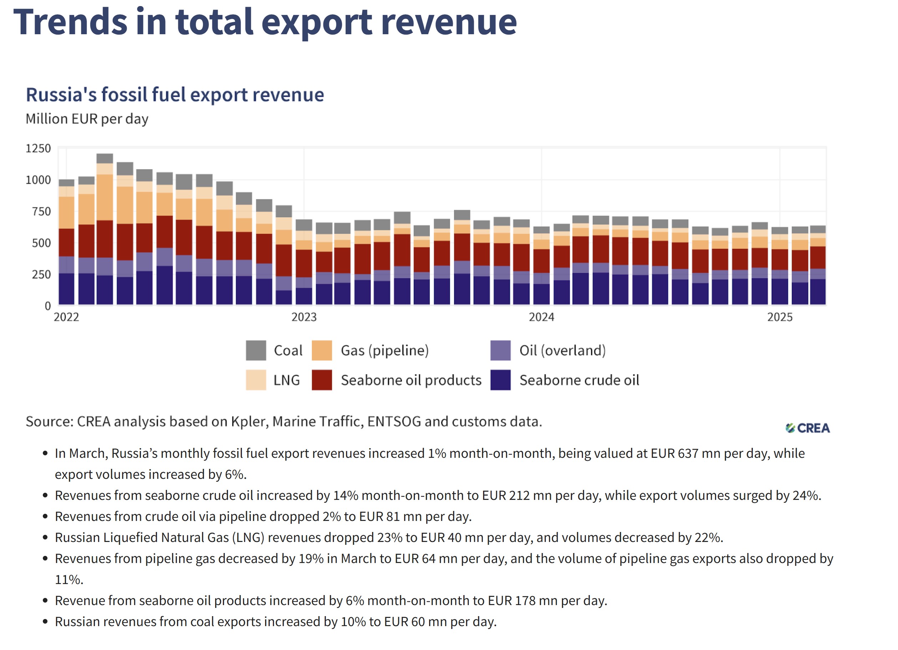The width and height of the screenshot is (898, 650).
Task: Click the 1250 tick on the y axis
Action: pos(38,148)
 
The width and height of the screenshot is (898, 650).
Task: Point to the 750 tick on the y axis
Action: pos(41,212)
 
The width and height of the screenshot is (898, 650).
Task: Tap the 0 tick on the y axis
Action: pos(47,306)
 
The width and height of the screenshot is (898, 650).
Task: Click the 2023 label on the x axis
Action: pos(304,317)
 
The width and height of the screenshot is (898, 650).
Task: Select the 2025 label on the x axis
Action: pos(780,317)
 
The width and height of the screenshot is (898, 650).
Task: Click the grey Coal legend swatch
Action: pos(256,350)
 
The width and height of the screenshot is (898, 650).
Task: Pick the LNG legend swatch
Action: pos(256,380)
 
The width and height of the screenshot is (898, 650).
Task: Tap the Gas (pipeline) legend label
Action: pos(385,350)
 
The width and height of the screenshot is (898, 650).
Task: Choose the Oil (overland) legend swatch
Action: pos(501,350)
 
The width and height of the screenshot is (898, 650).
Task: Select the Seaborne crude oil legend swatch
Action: pos(501,380)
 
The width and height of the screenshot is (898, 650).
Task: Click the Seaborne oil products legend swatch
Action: pos(321,380)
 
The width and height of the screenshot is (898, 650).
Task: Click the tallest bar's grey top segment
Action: pos(105,159)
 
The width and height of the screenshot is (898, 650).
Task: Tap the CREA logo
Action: pos(808,428)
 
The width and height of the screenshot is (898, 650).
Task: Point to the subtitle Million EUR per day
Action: pos(87,119)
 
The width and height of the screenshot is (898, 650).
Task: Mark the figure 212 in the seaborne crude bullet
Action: pos(519,496)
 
